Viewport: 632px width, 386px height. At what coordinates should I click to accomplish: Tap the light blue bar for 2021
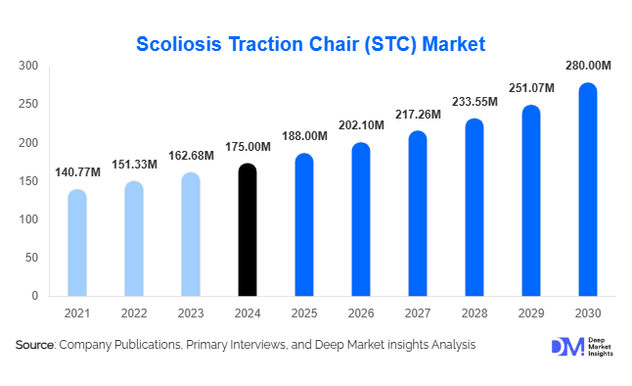click(x=76, y=243)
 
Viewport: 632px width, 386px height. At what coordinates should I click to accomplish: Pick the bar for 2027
click(x=417, y=214)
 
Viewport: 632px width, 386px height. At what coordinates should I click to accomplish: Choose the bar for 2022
click(x=133, y=238)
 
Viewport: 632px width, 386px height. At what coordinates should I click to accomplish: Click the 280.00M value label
click(x=588, y=66)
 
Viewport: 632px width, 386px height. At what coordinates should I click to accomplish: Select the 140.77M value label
click(x=76, y=172)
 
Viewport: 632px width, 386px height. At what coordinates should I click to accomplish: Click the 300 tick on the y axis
click(x=28, y=67)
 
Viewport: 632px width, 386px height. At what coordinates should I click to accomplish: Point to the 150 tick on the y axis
click(x=28, y=181)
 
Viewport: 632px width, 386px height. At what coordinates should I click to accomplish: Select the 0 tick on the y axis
click(x=34, y=296)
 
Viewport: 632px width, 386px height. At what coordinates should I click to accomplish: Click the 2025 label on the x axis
click(x=303, y=313)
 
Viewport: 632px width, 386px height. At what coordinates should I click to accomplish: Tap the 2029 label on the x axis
click(x=531, y=313)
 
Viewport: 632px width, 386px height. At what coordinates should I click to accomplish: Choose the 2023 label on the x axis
click(x=190, y=313)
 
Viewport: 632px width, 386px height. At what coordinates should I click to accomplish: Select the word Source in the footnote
click(x=35, y=345)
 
